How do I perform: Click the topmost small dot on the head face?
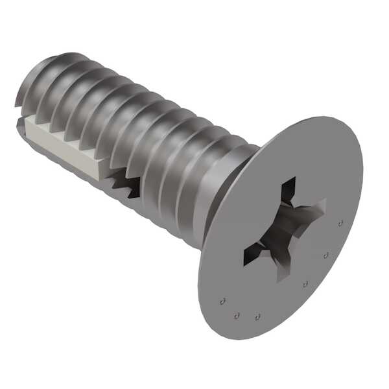coord(340,223)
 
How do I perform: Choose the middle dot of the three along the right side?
coord(326,255)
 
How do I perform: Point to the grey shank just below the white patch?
coord(78,170)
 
